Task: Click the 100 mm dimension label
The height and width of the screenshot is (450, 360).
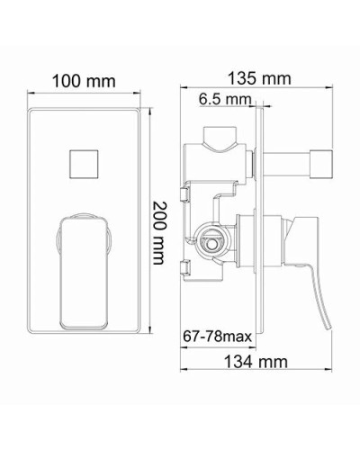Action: point(84,82)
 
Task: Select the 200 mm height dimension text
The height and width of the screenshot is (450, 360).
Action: point(159,232)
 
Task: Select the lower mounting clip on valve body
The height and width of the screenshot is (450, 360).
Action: point(186,266)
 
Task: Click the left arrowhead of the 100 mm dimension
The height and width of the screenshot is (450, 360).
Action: point(27,94)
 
